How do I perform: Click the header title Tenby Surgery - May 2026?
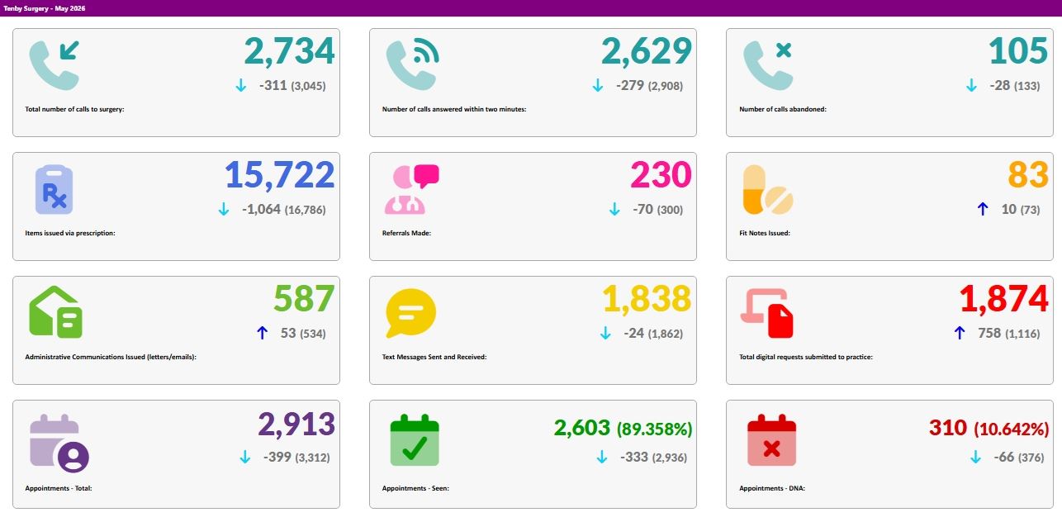pyautogui.click(x=44, y=8)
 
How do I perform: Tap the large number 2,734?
pyautogui.click(x=290, y=51)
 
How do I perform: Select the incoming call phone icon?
pyautogui.click(x=54, y=65)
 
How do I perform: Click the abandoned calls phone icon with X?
pyautogui.click(x=767, y=65)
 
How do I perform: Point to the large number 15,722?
pyautogui.click(x=280, y=175)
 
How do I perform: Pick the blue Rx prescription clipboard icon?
pyautogui.click(x=54, y=189)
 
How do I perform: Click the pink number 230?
pyautogui.click(x=661, y=175)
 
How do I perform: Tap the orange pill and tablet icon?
pyautogui.click(x=767, y=190)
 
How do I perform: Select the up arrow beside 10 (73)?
pyautogui.click(x=983, y=209)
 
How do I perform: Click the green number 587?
pyautogui.click(x=304, y=298)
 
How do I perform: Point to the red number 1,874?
pyautogui.click(x=1003, y=299)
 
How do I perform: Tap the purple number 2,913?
pyautogui.click(x=296, y=424)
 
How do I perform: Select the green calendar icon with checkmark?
pyautogui.click(x=415, y=439)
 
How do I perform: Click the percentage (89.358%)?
pyautogui.click(x=654, y=429)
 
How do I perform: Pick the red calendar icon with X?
pyautogui.click(x=771, y=439)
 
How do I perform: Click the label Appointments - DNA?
pyautogui.click(x=772, y=488)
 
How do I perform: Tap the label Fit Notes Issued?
pyautogui.click(x=764, y=233)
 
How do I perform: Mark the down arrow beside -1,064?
pyautogui.click(x=224, y=209)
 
